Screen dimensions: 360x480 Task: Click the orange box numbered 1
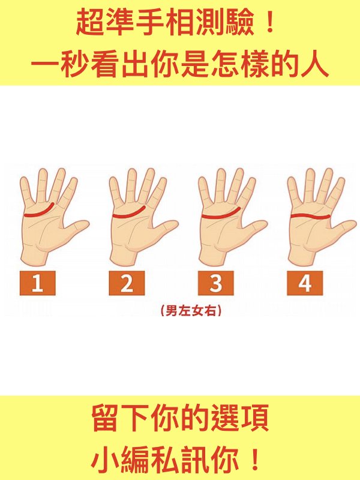(x=38, y=283)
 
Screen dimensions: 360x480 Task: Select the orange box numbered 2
(x=127, y=283)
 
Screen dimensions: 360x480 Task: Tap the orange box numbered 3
(x=216, y=283)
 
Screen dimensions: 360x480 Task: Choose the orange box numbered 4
(x=305, y=283)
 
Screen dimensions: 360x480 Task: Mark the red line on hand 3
(x=220, y=217)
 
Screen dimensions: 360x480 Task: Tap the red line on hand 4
(x=310, y=217)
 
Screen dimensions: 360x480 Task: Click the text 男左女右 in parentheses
(x=191, y=311)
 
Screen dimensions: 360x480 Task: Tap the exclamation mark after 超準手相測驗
(x=269, y=22)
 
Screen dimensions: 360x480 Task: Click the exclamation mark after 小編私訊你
(x=254, y=460)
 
